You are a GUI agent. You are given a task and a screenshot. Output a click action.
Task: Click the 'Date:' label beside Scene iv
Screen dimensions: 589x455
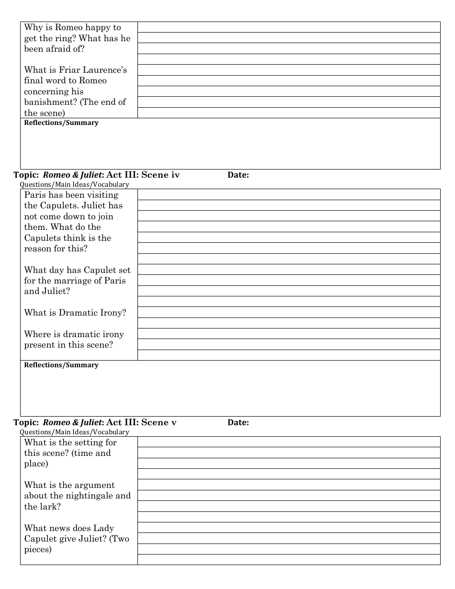click(238, 175)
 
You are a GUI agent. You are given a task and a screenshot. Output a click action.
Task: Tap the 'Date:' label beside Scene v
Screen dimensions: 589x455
click(238, 423)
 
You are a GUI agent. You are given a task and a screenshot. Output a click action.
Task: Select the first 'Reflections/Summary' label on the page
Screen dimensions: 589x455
click(61, 123)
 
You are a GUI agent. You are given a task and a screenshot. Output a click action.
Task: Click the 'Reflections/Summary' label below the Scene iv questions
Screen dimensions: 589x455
click(61, 365)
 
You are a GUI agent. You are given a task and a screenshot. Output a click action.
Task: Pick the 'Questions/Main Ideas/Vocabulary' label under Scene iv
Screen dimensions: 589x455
click(74, 184)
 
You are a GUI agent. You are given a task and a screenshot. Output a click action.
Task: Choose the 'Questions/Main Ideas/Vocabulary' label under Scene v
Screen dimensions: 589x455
click(74, 432)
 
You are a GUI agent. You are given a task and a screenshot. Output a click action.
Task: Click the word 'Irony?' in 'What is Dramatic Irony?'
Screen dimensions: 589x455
click(113, 313)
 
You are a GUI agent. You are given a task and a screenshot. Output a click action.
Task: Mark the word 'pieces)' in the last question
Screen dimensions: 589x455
click(38, 549)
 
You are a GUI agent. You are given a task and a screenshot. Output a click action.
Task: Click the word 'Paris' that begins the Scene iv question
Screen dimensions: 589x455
click(35, 195)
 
